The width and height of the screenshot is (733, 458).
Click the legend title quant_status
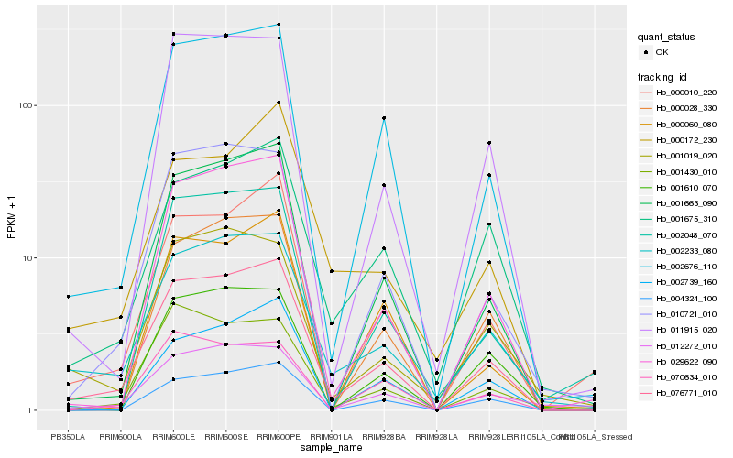pyautogui.click(x=667, y=38)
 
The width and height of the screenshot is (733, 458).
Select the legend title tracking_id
pyautogui.click(x=663, y=77)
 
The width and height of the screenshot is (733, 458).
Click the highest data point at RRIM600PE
pyautogui.click(x=279, y=25)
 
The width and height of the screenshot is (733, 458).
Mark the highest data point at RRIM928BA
pyautogui.click(x=384, y=118)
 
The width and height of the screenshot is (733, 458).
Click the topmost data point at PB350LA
pyautogui.click(x=68, y=297)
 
